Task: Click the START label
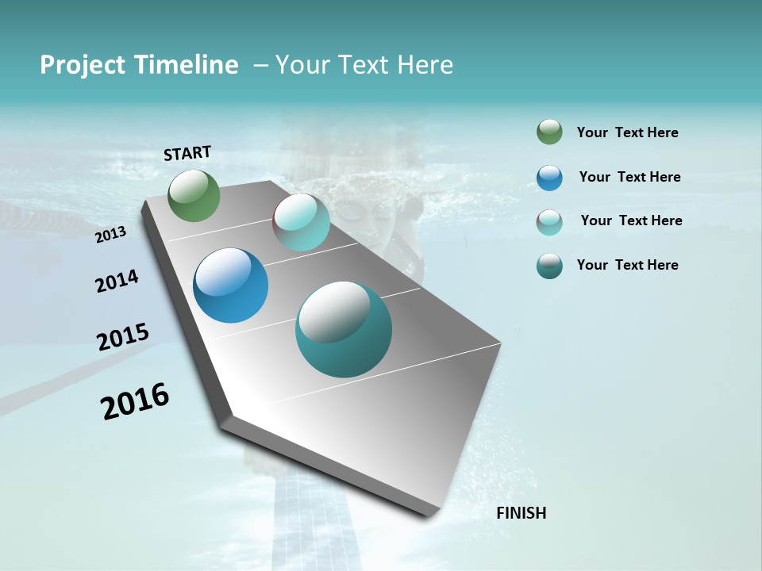tap(187, 153)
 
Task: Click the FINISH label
tap(521, 513)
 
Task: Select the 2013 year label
tap(111, 234)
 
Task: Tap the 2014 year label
tap(117, 281)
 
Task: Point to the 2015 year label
tap(123, 337)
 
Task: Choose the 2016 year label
tap(135, 401)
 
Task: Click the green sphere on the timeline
tap(194, 195)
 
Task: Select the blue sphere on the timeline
tap(231, 285)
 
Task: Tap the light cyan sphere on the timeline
tap(301, 222)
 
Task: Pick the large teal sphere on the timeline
tap(344, 329)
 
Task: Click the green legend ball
tap(549, 132)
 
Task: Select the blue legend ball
tap(549, 178)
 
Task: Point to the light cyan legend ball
tap(549, 222)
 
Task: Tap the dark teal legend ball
tap(549, 266)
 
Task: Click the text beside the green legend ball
tap(627, 133)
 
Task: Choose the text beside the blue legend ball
tap(629, 177)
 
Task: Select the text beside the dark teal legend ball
tap(627, 265)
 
